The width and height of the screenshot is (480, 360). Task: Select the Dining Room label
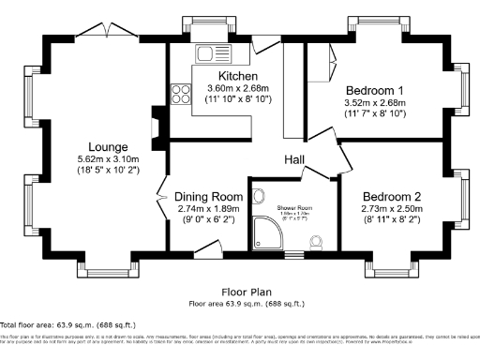208,197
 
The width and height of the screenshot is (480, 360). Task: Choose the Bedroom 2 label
392,197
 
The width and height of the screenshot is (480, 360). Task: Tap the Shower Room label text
294,208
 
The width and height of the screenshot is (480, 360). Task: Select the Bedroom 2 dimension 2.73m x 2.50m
392,210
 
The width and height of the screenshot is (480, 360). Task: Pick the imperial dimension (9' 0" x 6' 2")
208,222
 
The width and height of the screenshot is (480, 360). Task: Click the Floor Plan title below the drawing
247,292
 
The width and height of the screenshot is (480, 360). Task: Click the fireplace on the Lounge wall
157,122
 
